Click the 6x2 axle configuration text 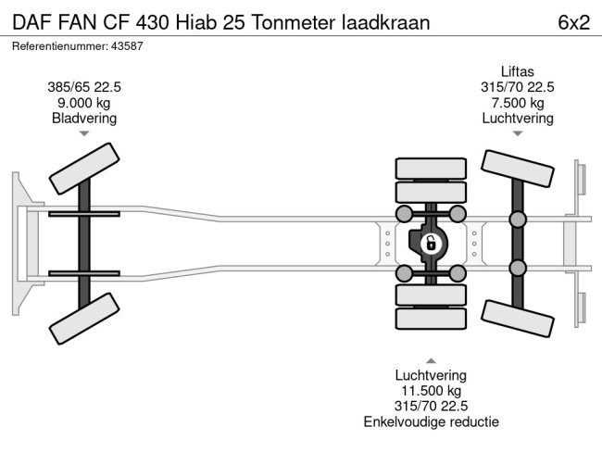(573, 22)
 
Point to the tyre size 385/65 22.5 (84, 87)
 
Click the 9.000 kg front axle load (84, 103)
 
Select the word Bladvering (84, 118)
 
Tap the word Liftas (517, 71)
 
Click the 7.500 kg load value (517, 103)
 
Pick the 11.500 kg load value (431, 391)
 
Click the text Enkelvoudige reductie (431, 422)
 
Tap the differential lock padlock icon (430, 245)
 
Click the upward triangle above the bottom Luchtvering (431, 359)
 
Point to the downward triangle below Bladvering (84, 133)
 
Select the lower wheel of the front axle (84, 323)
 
